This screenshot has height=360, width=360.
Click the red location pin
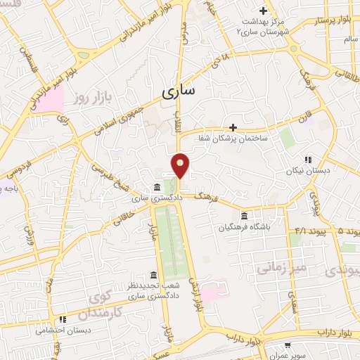pyautogui.click(x=181, y=166)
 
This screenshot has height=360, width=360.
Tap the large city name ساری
pyautogui.click(x=180, y=91)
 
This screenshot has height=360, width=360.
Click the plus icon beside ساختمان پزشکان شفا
pyautogui.click(x=233, y=127)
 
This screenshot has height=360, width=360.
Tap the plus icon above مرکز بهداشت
pyautogui.click(x=264, y=11)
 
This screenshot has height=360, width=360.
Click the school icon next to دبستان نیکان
pyautogui.click(x=308, y=160)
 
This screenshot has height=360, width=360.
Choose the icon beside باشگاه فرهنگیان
pyautogui.click(x=244, y=215)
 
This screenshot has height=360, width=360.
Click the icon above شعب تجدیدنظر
pyautogui.click(x=153, y=275)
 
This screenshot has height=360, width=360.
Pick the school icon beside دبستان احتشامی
pyautogui.click(x=63, y=319)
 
